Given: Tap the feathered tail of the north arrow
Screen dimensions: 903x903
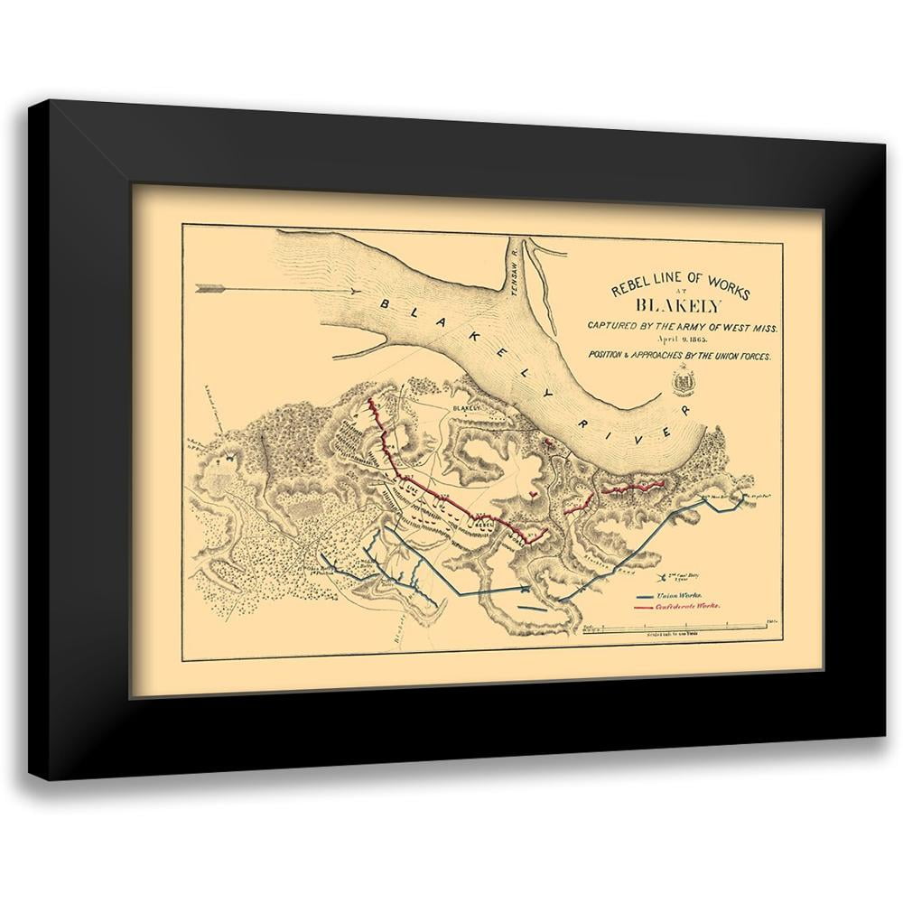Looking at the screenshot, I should pyautogui.click(x=209, y=289).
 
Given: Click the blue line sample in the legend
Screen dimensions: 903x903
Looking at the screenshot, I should pyautogui.click(x=645, y=597).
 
